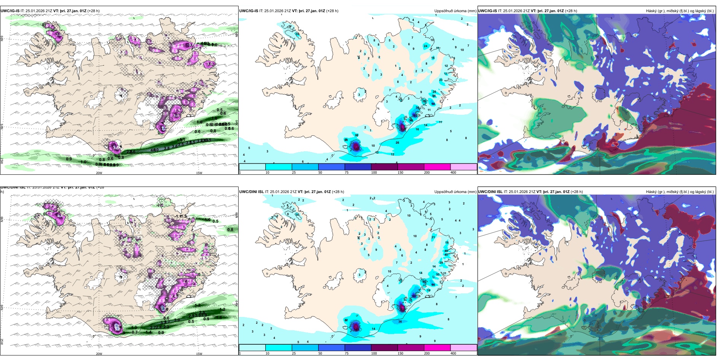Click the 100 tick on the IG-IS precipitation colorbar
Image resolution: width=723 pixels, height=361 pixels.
pyautogui.click(x=374, y=173)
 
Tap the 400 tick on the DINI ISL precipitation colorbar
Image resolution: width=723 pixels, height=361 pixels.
pyautogui.click(x=453, y=353)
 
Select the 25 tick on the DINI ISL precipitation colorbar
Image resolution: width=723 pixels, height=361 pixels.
pyautogui.click(x=294, y=353)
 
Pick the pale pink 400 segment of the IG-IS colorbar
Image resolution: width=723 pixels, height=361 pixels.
pyautogui.click(x=463, y=167)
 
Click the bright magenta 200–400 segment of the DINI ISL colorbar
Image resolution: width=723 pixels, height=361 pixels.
pyautogui.click(x=437, y=348)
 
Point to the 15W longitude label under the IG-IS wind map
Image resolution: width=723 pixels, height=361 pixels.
pyautogui.click(x=199, y=173)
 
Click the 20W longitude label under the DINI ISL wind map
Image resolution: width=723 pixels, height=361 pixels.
pyautogui.click(x=99, y=354)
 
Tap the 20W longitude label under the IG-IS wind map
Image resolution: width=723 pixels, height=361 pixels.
pyautogui.click(x=99, y=173)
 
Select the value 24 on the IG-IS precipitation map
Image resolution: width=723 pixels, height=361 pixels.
pyautogui.click(x=425, y=46)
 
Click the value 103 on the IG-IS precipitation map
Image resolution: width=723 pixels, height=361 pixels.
pyautogui.click(x=414, y=115)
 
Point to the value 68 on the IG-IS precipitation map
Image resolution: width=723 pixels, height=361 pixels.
pyautogui.click(x=433, y=104)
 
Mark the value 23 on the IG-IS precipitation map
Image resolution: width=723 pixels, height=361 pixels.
pyautogui.click(x=441, y=80)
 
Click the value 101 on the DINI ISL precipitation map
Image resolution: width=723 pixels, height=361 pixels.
pyautogui.click(x=414, y=296)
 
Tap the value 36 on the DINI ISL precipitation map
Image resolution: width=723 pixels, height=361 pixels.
pyautogui.click(x=400, y=321)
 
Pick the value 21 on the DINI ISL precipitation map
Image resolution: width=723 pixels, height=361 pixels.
pyautogui.click(x=433, y=237)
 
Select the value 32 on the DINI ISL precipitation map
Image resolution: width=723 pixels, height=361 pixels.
pyautogui.click(x=346, y=320)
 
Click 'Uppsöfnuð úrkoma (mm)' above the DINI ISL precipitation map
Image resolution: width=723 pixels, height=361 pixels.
pyautogui.click(x=455, y=192)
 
